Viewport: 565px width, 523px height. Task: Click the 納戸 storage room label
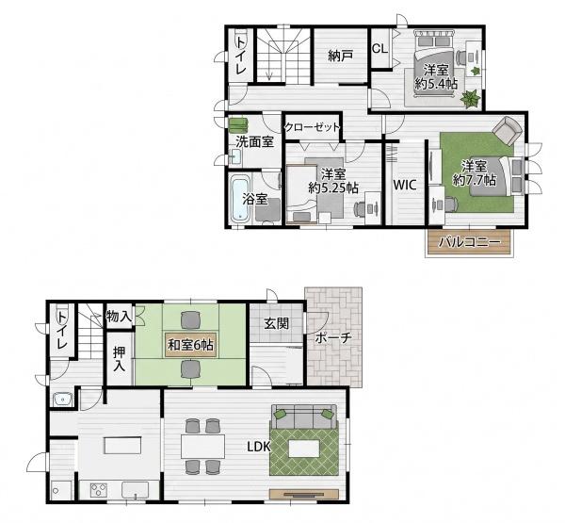click(x=341, y=56)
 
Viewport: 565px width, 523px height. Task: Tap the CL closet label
click(x=379, y=48)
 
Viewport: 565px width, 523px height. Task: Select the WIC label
click(x=405, y=185)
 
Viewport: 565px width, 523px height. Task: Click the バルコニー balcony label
click(x=470, y=242)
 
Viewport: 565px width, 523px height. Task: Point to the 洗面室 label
click(x=255, y=141)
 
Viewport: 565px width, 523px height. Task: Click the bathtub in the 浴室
click(x=239, y=199)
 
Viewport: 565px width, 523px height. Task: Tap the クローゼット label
click(x=313, y=127)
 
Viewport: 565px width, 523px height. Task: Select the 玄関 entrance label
click(x=276, y=323)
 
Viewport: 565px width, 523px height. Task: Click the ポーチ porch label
click(x=333, y=337)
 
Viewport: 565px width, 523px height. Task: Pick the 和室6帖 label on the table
click(x=190, y=345)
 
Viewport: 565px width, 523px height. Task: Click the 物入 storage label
click(x=119, y=317)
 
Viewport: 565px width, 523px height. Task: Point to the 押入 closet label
click(x=119, y=359)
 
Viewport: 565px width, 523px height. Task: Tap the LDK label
click(x=259, y=447)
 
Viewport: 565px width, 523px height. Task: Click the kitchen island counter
click(x=122, y=446)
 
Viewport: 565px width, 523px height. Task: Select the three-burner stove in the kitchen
click(x=99, y=490)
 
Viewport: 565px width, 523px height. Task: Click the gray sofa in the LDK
click(x=304, y=417)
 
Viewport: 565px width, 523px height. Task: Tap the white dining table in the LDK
click(x=202, y=446)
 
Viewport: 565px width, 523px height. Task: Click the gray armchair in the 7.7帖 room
click(x=507, y=131)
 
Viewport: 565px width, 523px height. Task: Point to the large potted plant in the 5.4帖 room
click(x=470, y=98)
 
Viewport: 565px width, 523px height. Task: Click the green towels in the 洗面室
click(x=238, y=125)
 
